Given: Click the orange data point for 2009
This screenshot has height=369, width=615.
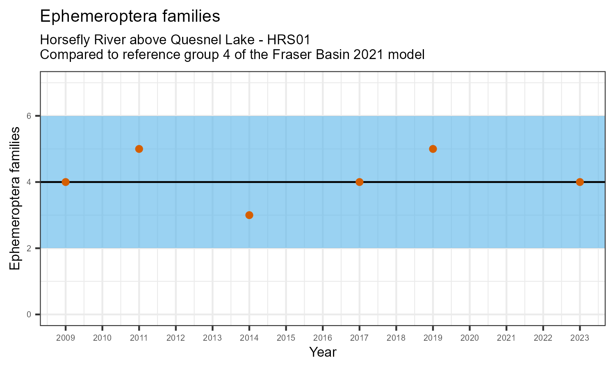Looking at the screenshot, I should (x=66, y=182).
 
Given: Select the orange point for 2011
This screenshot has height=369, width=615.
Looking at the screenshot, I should (x=139, y=149).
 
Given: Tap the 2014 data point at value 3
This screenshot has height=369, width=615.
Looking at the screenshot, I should (x=249, y=215).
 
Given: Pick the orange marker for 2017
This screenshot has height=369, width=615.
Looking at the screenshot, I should (x=360, y=182).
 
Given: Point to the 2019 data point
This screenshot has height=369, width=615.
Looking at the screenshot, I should (x=433, y=149).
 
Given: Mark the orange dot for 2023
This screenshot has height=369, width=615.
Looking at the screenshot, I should (x=580, y=182).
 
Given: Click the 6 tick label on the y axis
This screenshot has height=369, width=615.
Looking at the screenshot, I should (x=29, y=116).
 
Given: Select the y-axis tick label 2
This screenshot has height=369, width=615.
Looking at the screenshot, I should (x=29, y=248).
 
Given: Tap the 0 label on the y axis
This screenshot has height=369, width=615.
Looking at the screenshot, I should (x=29, y=314).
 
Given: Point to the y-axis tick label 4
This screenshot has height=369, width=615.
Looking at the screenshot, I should (x=29, y=182).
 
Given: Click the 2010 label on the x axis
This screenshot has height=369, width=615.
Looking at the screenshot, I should (x=102, y=338).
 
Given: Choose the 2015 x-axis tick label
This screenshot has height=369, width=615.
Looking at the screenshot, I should (x=286, y=338).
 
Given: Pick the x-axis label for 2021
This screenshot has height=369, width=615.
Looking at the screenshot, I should (x=506, y=338).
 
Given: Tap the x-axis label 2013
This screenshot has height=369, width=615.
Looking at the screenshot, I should (x=212, y=338).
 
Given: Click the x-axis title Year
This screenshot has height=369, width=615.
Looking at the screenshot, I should (x=323, y=352).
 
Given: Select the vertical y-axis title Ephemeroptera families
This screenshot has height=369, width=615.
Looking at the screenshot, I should (x=15, y=198).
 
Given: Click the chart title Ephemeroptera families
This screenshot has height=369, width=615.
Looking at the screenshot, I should (x=130, y=16).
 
